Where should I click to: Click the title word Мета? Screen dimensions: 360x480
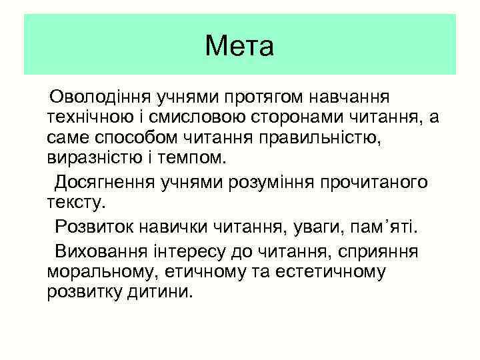(239, 47)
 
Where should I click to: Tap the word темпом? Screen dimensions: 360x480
(200, 161)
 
